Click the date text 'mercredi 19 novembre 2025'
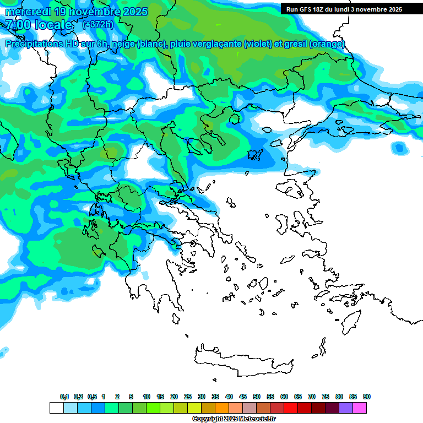click(x=76, y=12)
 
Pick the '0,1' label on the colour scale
click(x=64, y=397)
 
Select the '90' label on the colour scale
click(x=367, y=397)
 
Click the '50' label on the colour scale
click(x=257, y=397)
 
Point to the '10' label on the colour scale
click(x=147, y=397)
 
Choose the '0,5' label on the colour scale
click(x=92, y=397)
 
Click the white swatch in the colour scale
click(x=57, y=408)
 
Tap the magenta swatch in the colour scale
click(x=360, y=408)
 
